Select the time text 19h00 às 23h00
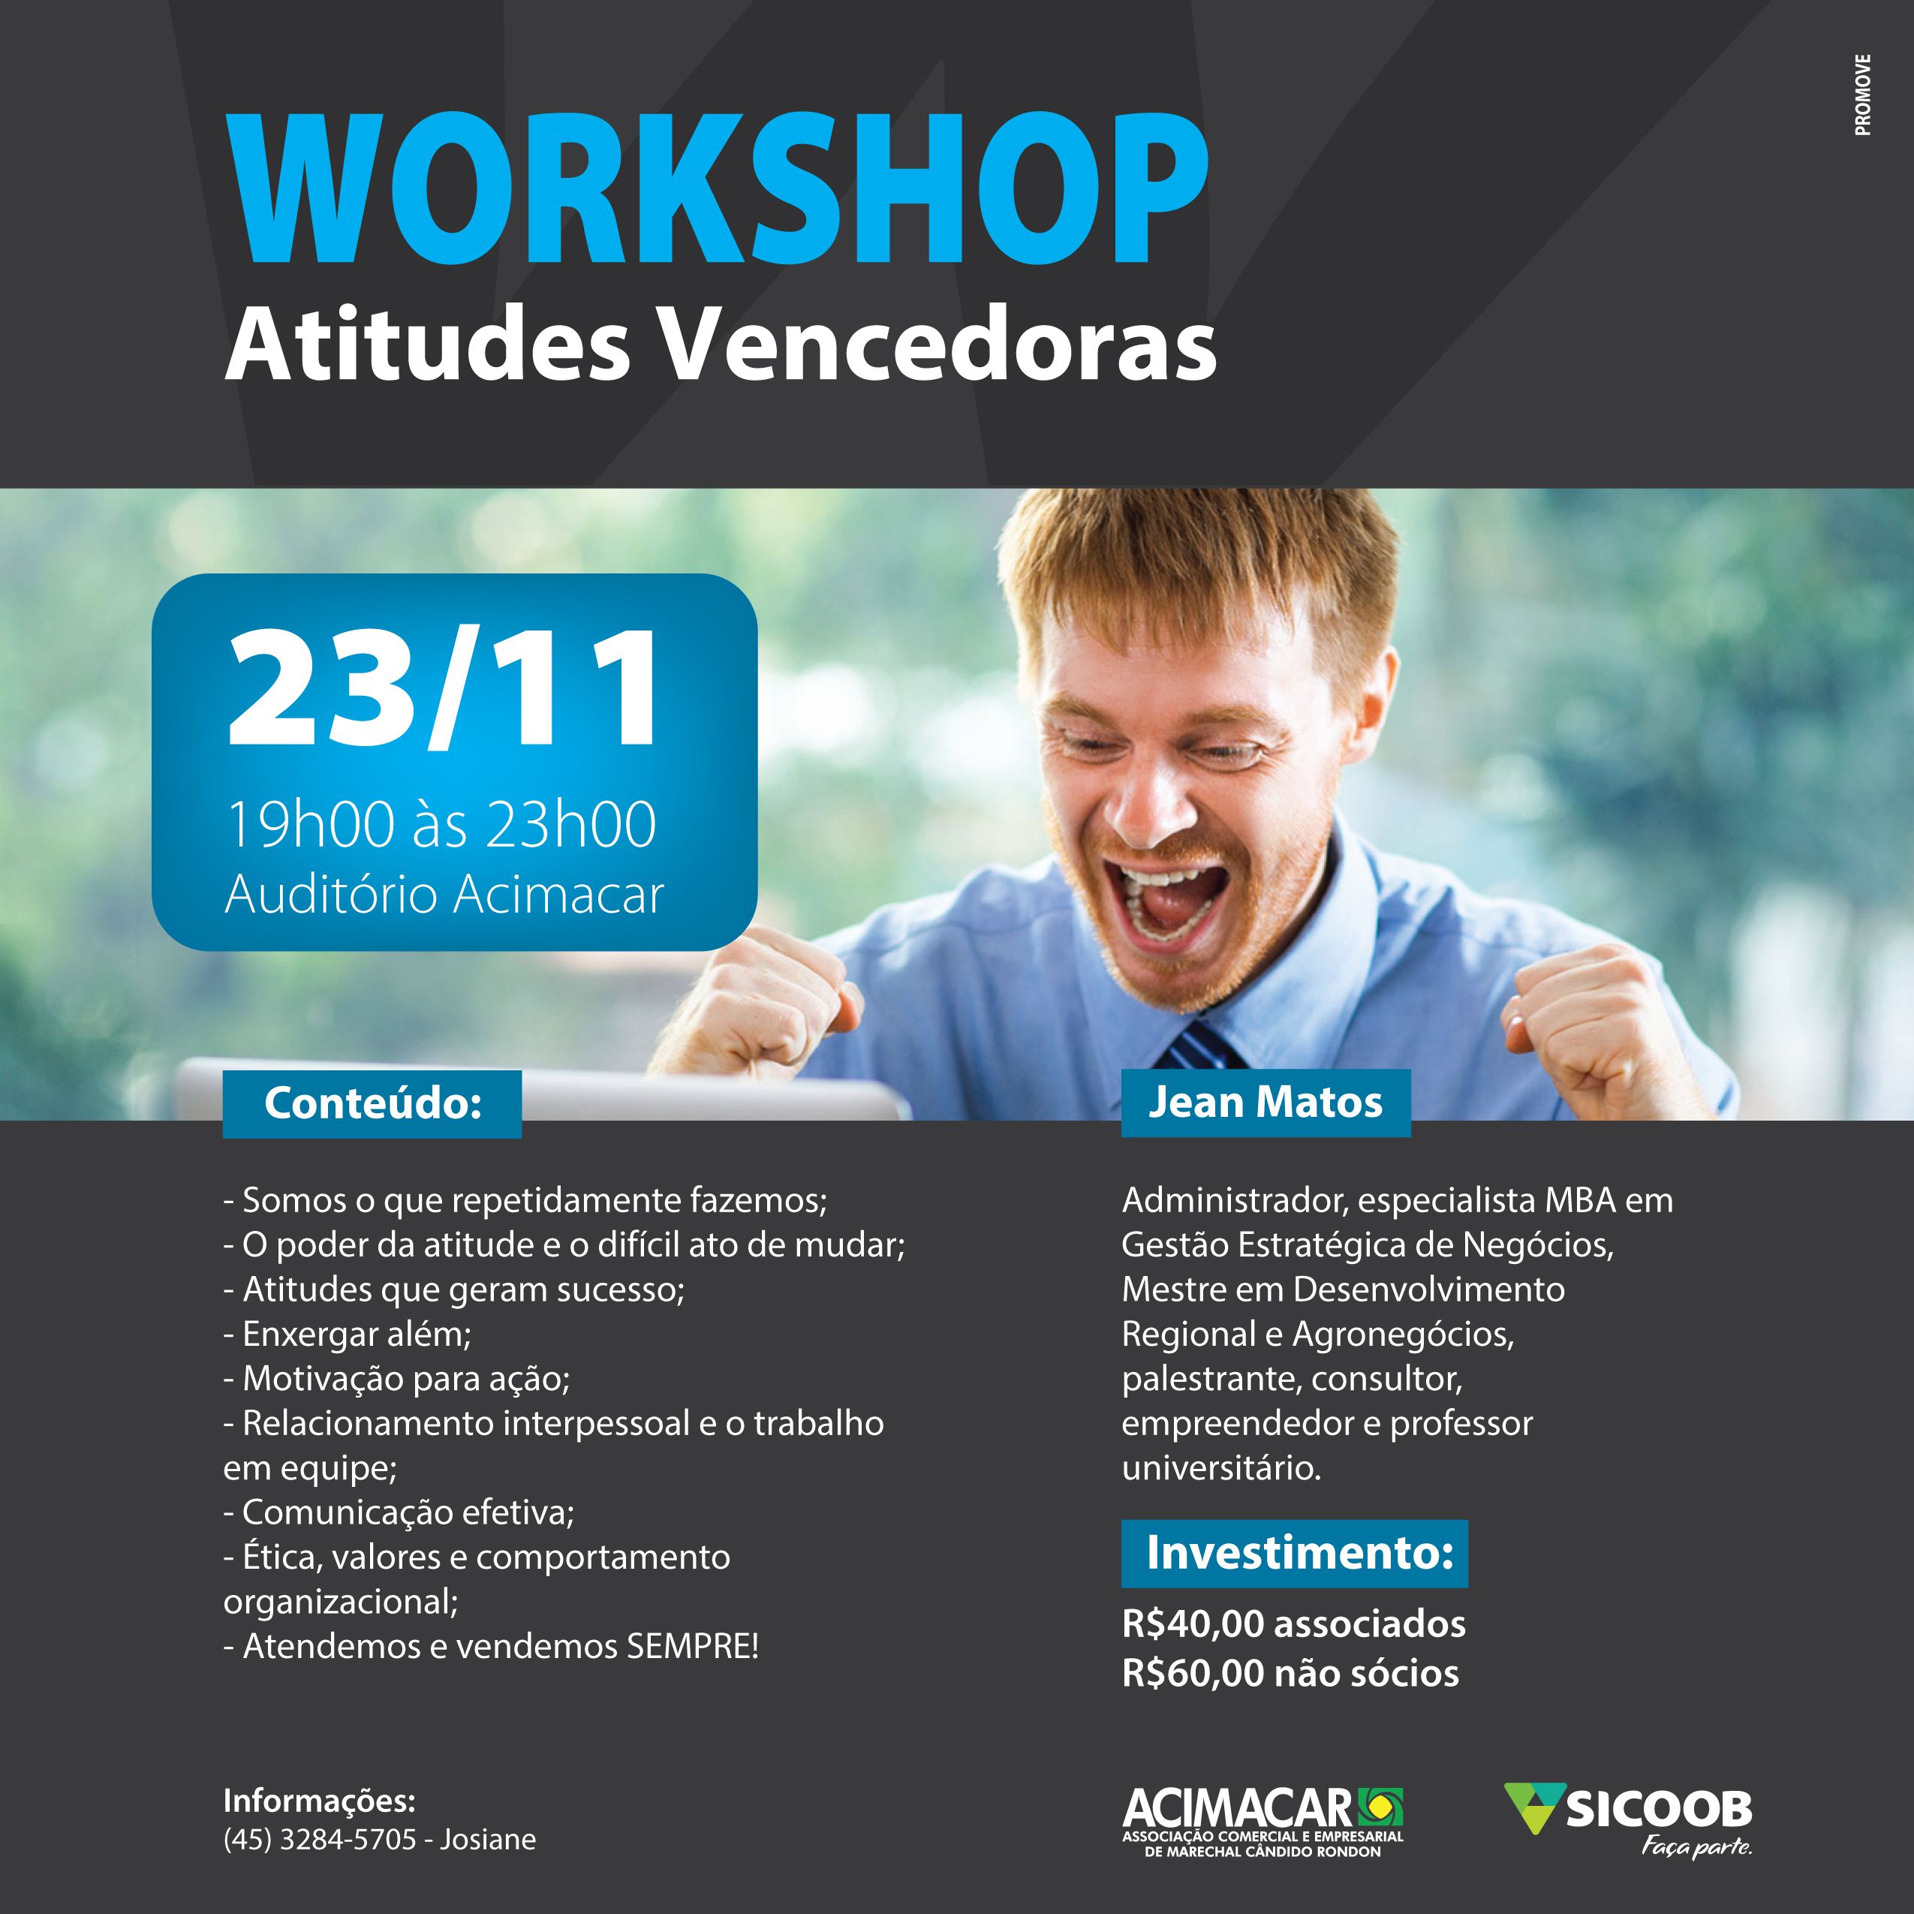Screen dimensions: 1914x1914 tap(442, 823)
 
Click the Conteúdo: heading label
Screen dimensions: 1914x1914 tap(372, 1103)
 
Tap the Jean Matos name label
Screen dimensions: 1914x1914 tap(1265, 1103)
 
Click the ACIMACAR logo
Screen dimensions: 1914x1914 tap(1263, 1821)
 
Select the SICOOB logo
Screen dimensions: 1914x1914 tap(1629, 1820)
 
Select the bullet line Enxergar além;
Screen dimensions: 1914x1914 tap(348, 1335)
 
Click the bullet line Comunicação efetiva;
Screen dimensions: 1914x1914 tap(399, 1512)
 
